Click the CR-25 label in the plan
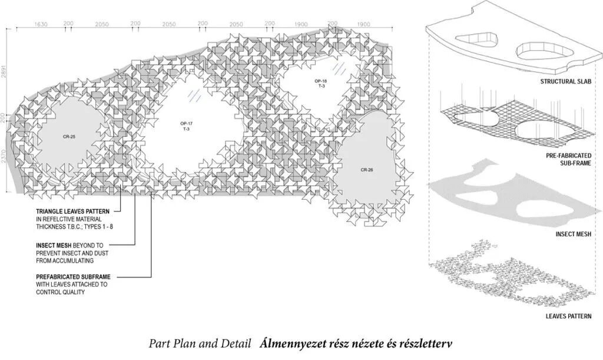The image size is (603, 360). pos(69,137)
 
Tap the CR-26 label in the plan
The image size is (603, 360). pos(367,170)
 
